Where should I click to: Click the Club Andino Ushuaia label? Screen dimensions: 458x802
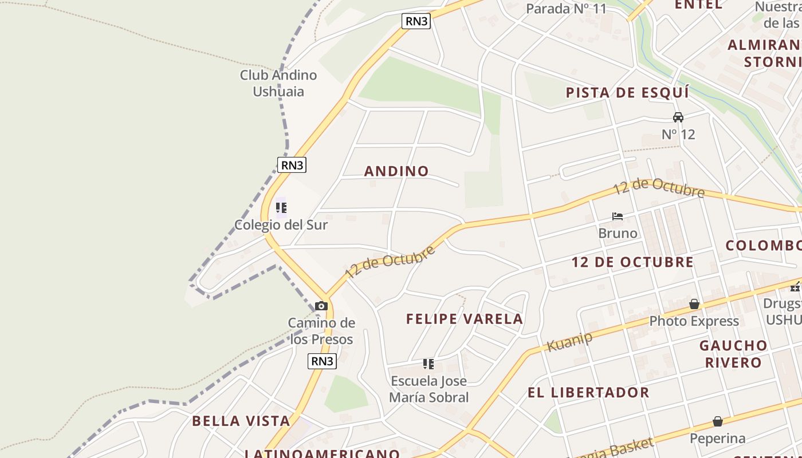coord(278,83)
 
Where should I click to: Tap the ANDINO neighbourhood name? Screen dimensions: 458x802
coord(396,171)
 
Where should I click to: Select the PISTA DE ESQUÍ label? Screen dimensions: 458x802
coord(627,93)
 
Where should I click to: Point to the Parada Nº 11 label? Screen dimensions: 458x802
coord(566,9)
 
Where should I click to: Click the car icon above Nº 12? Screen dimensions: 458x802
coord(678,117)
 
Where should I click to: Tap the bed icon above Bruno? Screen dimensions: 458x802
coord(618,216)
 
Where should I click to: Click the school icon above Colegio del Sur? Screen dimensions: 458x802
coord(281,207)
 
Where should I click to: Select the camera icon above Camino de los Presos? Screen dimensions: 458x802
coord(321,306)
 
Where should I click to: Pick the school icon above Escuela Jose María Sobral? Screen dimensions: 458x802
coord(428,364)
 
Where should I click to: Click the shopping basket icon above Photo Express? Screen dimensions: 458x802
coord(694,304)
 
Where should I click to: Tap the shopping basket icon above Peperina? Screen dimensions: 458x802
coord(718,421)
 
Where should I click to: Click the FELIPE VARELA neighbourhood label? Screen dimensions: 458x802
coord(465,319)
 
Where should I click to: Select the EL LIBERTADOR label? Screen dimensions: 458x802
coord(588,393)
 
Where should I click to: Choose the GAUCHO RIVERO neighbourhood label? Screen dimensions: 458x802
coord(733,354)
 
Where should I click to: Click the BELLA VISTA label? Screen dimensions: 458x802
coord(241,421)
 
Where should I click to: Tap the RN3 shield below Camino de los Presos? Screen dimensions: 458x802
coord(322,361)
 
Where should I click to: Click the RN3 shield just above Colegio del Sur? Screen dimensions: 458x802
coord(292,165)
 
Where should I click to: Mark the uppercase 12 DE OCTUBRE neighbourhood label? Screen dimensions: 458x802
coord(632,262)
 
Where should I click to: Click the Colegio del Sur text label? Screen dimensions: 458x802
coord(281,225)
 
